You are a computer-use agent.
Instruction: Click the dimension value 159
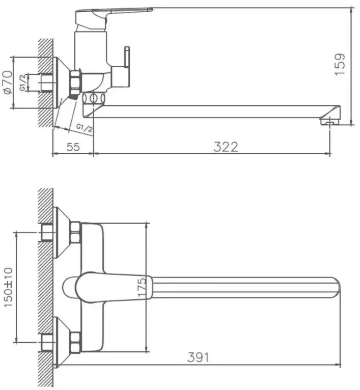(x=340, y=65)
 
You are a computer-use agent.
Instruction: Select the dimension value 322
(x=226, y=147)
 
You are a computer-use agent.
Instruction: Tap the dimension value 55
(x=73, y=147)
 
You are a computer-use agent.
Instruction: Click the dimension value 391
(x=199, y=357)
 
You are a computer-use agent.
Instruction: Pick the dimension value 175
(x=142, y=288)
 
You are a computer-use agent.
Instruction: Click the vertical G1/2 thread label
(x=23, y=82)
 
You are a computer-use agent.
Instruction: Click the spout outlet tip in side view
(x=329, y=121)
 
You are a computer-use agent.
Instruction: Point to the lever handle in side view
(x=115, y=14)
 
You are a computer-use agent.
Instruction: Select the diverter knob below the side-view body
(x=93, y=98)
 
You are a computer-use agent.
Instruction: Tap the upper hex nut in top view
(x=75, y=232)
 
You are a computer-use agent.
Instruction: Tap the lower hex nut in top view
(x=75, y=342)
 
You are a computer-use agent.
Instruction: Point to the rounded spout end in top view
(x=335, y=288)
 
